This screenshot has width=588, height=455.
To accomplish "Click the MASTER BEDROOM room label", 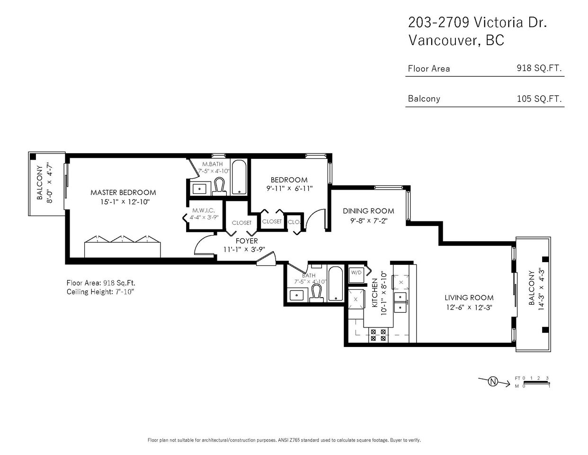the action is [123, 192].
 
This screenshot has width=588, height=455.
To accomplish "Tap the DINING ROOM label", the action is [368, 211].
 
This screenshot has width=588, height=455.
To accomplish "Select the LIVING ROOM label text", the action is [469, 298].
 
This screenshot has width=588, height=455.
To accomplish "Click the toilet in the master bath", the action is [219, 186].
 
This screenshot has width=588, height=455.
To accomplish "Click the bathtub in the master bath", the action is [239, 177].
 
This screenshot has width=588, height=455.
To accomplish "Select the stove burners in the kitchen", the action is [378, 335].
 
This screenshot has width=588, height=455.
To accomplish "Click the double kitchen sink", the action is [400, 302].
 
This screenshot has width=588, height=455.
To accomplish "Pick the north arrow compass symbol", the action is [493, 382].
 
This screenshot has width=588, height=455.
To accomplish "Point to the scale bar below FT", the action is [536, 382].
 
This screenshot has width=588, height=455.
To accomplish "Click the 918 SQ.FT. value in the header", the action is [539, 68].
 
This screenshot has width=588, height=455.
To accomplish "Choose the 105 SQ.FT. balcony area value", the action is [539, 99].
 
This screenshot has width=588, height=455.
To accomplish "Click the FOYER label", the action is [247, 241].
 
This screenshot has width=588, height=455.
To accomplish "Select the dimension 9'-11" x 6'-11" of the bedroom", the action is [289, 189].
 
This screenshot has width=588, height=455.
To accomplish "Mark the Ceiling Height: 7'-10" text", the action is [100, 291].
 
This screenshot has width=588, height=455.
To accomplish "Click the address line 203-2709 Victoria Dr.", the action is [477, 22].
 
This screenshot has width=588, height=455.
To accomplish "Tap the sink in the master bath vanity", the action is [199, 189].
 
